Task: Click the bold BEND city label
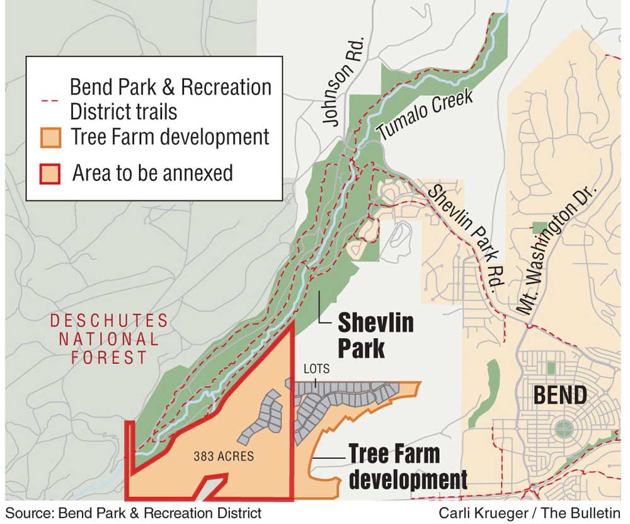pos(560,396)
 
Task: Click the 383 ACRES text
pos(222,456)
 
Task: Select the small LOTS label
pos(316,369)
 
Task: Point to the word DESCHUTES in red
pos(110,321)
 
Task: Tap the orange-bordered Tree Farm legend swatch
pos(51,137)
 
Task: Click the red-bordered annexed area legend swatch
pos(51,173)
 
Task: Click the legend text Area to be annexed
pos(152,173)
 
